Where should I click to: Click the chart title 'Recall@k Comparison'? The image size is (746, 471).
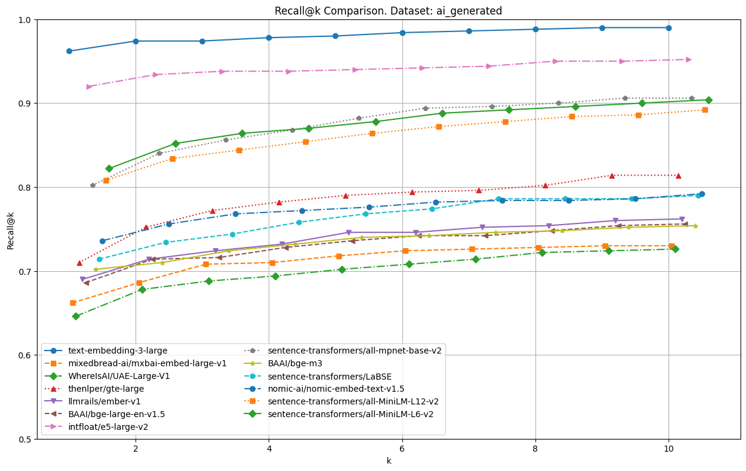pyautogui.click(x=388, y=11)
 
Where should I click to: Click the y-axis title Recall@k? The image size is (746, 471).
pyautogui.click(x=11, y=229)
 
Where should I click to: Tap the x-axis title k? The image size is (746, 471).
pyautogui.click(x=388, y=461)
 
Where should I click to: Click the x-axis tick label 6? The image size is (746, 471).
pyautogui.click(x=402, y=449)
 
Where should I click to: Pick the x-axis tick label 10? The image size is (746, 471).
pyautogui.click(x=668, y=449)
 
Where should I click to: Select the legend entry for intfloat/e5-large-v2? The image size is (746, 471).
pyautogui.click(x=108, y=427)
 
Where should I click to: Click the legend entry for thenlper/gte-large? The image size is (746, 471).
pyautogui.click(x=106, y=389)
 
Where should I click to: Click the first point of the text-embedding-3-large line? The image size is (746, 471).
pyautogui.click(x=69, y=51)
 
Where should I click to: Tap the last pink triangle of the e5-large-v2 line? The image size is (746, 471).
pyautogui.click(x=689, y=59)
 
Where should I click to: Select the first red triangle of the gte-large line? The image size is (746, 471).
pyautogui.click(x=79, y=263)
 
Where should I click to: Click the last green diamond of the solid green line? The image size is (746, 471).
pyautogui.click(x=708, y=100)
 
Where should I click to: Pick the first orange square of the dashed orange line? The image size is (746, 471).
pyautogui.click(x=73, y=303)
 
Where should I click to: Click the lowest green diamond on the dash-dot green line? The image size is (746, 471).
pyautogui.click(x=76, y=316)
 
